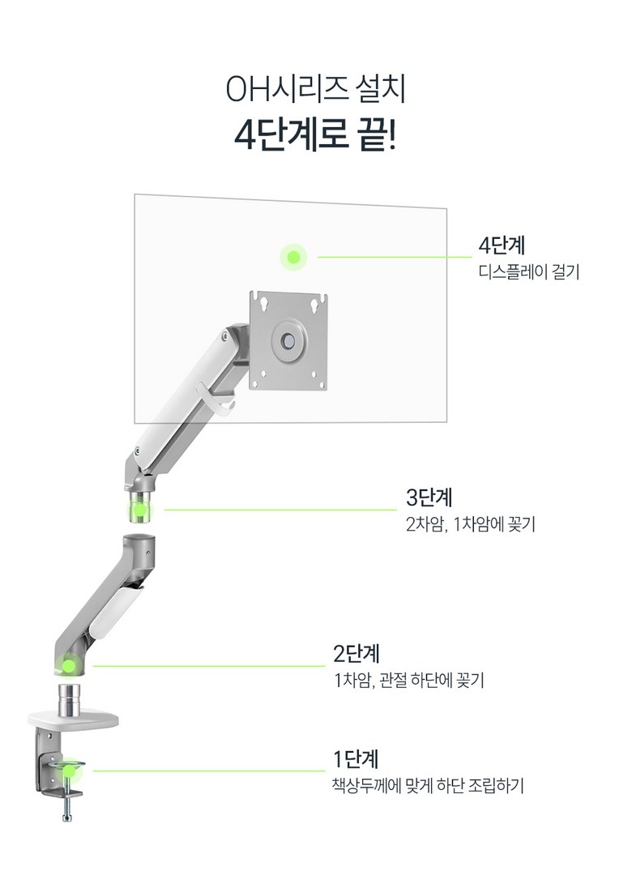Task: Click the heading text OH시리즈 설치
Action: tap(315, 89)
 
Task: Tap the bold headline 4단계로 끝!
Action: tap(315, 135)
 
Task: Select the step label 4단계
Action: tap(502, 245)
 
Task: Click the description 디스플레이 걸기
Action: tap(529, 271)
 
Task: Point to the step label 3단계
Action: tap(429, 497)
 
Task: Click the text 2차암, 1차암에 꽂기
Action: tap(471, 524)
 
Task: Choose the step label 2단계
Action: tap(356, 653)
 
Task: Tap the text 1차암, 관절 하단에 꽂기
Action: tap(408, 680)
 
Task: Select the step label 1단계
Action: tap(356, 759)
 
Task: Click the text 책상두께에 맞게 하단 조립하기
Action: tap(428, 785)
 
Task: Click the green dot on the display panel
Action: tap(294, 257)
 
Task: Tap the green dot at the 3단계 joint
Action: tap(140, 510)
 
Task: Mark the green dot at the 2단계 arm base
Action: tap(69, 665)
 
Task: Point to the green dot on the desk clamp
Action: tap(68, 771)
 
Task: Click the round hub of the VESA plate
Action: tap(288, 340)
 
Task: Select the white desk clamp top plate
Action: tap(73, 720)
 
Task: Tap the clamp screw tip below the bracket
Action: tap(67, 817)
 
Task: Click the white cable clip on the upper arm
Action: tap(220, 398)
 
